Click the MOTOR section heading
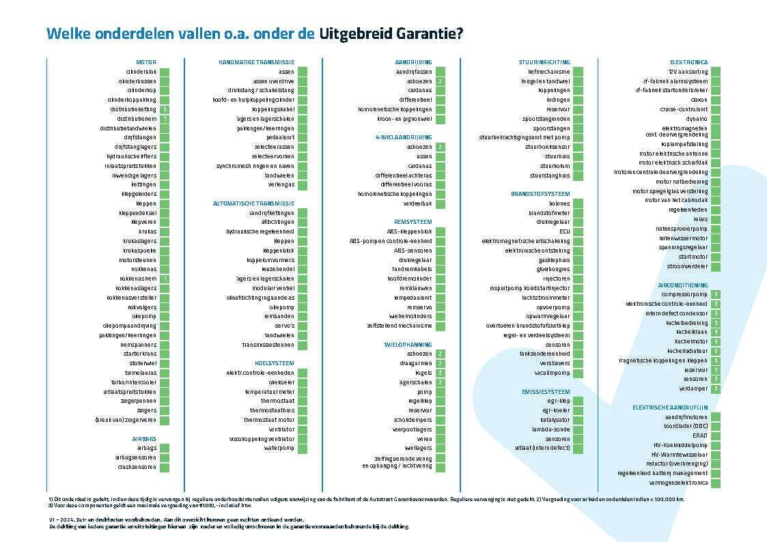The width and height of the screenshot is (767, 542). click(x=146, y=62)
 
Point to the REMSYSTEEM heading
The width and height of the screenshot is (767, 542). click(x=413, y=222)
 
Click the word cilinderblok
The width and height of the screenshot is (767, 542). click(x=141, y=72)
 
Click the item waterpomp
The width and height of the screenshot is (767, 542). click(x=280, y=448)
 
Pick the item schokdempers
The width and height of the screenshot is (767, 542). click(x=413, y=420)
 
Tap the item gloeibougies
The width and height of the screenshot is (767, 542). click(x=554, y=269)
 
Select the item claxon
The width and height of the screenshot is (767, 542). click(x=697, y=100)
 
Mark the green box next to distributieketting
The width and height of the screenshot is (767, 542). click(x=165, y=109)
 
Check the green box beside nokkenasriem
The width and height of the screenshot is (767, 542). click(x=165, y=279)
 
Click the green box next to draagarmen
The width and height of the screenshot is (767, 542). click(x=441, y=363)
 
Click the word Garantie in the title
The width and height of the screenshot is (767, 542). click(x=413, y=33)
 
